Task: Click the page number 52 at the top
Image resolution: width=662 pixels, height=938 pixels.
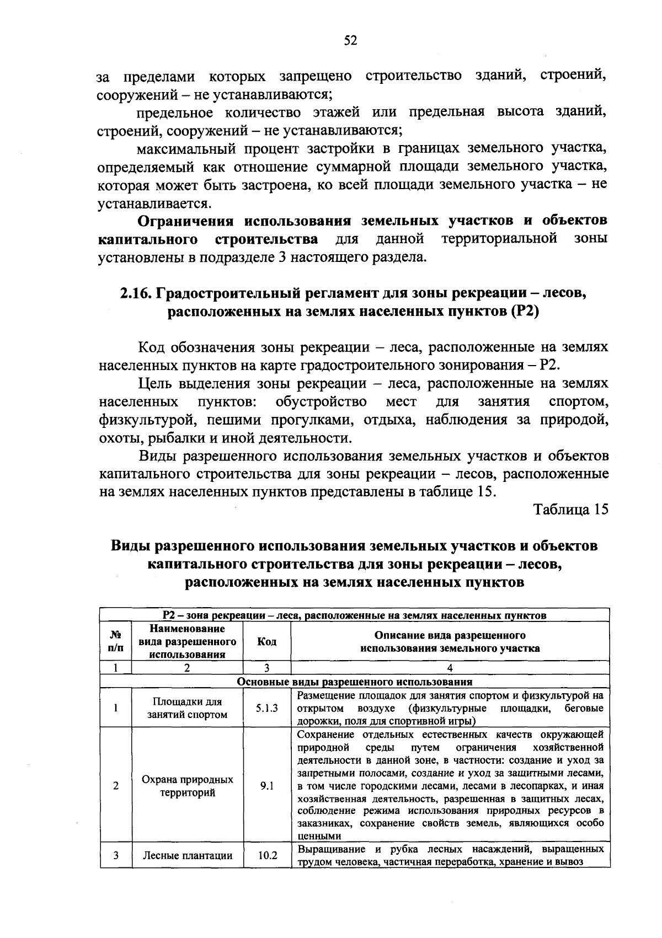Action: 351,40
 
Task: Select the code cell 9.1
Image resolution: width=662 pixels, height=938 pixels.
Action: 267,786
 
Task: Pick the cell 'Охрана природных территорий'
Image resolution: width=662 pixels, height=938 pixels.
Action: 187,786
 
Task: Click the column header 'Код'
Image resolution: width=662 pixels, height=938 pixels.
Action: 267,641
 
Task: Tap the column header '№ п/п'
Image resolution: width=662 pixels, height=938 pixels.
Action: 116,641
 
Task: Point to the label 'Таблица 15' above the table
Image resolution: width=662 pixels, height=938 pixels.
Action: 571,510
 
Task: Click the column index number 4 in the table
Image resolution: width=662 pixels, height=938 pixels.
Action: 450,668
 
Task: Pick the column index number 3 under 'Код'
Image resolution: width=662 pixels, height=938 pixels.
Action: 266,668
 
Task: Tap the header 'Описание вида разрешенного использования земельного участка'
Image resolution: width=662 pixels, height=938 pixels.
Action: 450,641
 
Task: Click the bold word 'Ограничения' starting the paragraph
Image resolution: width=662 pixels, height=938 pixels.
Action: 186,221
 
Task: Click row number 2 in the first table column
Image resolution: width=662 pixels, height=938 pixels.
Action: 116,786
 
